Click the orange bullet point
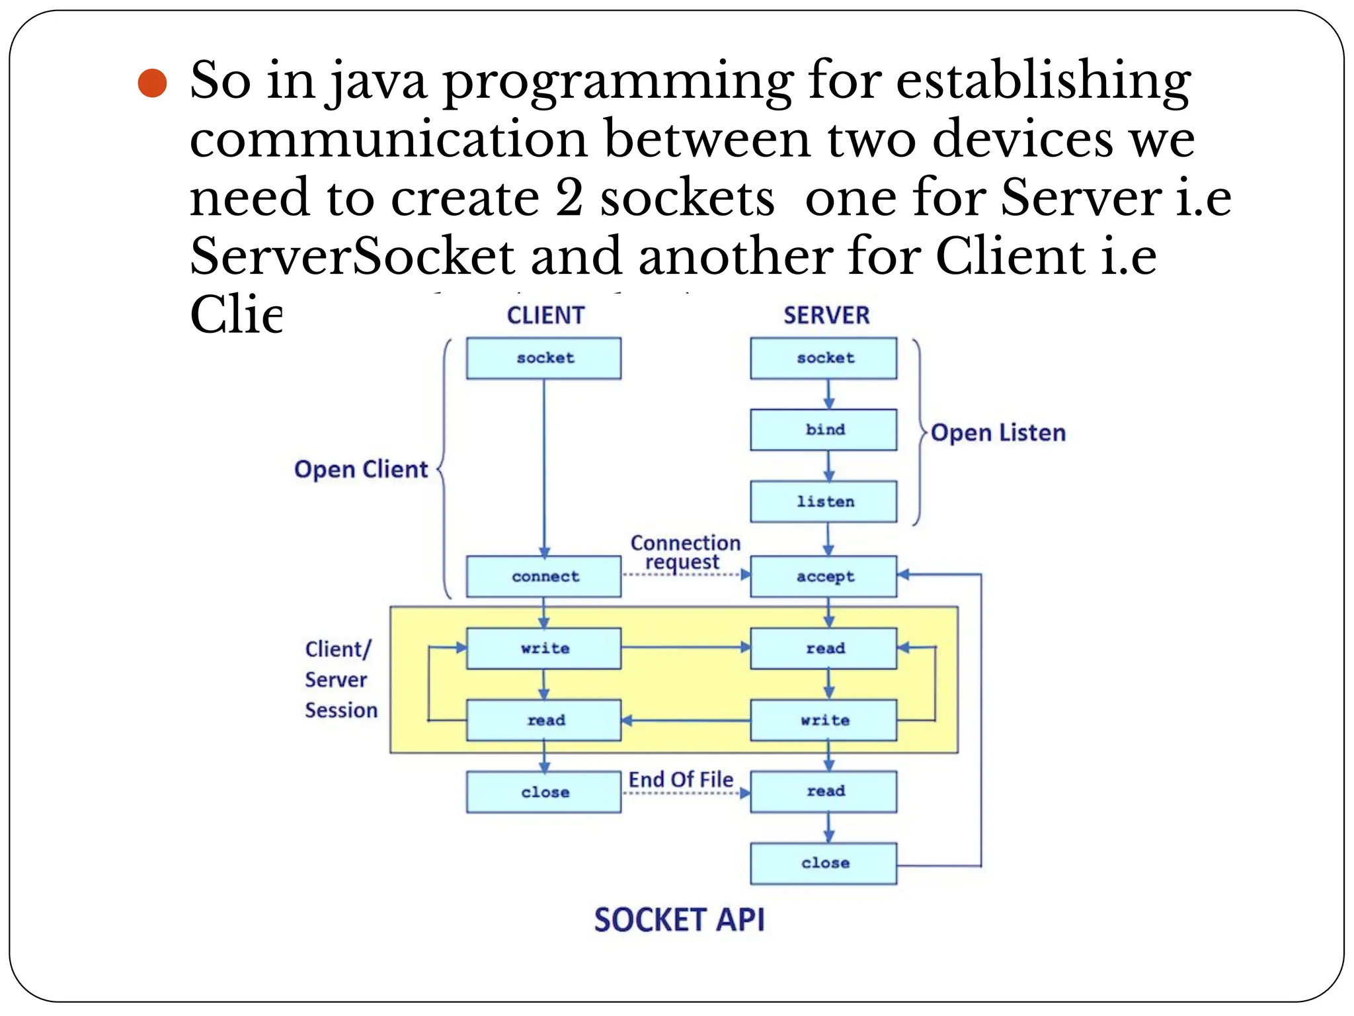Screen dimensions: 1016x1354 (x=152, y=83)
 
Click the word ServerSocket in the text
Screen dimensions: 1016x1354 (x=352, y=256)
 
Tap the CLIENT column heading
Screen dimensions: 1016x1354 (x=545, y=316)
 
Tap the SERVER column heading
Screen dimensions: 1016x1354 (x=826, y=316)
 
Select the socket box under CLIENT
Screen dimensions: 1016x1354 (x=543, y=358)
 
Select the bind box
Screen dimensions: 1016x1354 (x=824, y=430)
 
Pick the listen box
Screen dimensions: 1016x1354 (x=824, y=502)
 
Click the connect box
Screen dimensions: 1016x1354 (x=543, y=577)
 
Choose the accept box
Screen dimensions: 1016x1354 (x=824, y=577)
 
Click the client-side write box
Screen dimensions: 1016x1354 (x=543, y=649)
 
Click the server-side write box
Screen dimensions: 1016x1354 (x=824, y=720)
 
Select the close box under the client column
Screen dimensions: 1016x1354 (x=543, y=792)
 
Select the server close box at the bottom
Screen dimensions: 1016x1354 (x=824, y=863)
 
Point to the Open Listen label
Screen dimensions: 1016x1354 (x=998, y=433)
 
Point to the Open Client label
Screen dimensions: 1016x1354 (x=361, y=469)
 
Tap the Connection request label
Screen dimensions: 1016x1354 (x=685, y=552)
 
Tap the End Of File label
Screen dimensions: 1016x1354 (x=680, y=780)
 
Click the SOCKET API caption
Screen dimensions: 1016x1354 (x=679, y=920)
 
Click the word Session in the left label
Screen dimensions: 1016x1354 (x=341, y=710)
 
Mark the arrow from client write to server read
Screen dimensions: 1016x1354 (x=685, y=648)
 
